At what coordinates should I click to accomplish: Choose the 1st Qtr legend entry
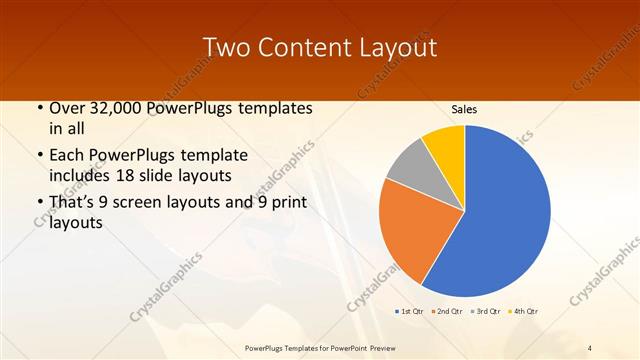411,312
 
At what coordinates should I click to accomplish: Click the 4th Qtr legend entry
525,312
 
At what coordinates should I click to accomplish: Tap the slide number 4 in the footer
590,347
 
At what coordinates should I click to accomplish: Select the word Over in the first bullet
68,108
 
